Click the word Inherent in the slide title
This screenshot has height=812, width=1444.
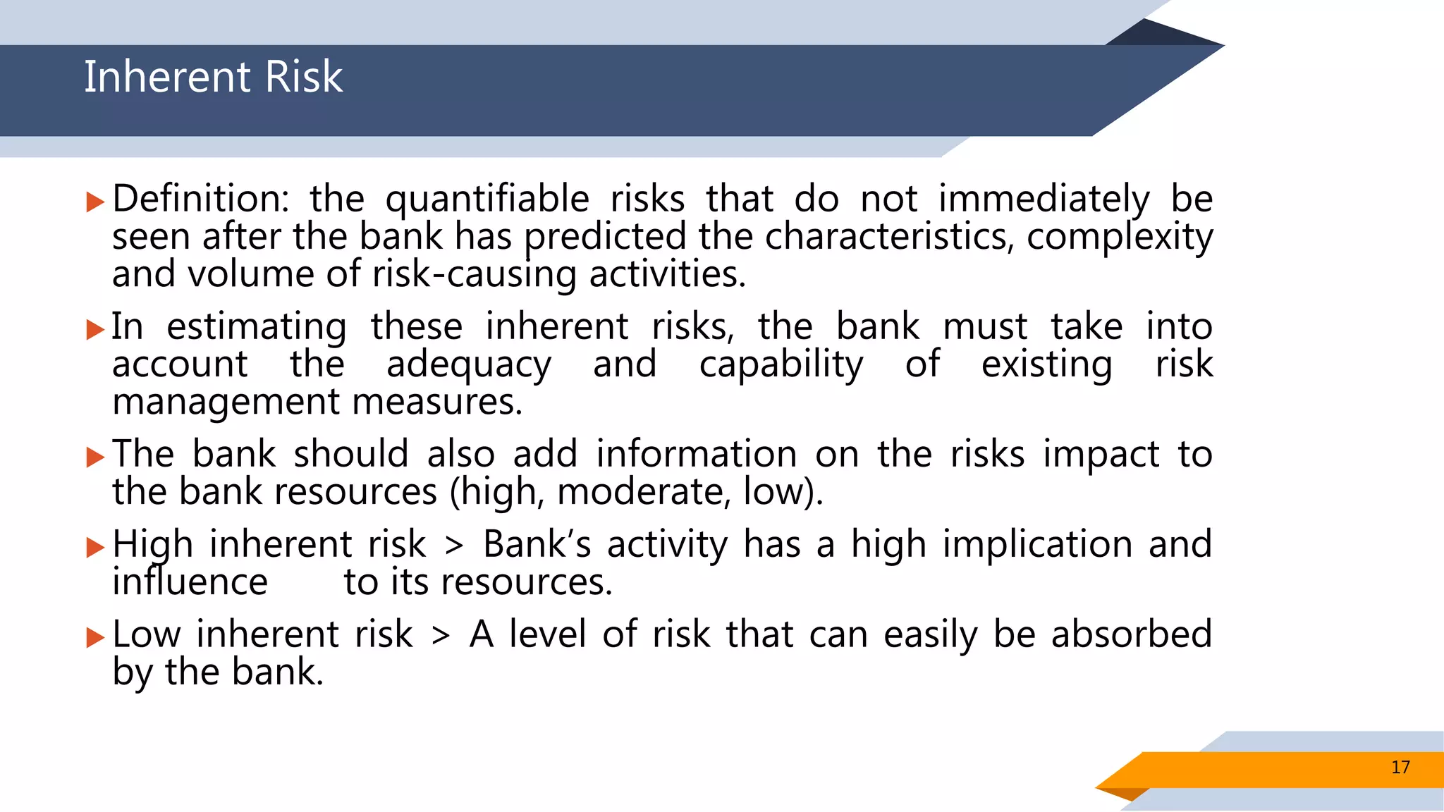pyautogui.click(x=166, y=77)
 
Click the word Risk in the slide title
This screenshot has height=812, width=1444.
pyautogui.click(x=304, y=77)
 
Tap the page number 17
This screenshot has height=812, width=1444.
pyautogui.click(x=1400, y=768)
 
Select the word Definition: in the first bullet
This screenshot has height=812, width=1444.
pyautogui.click(x=200, y=199)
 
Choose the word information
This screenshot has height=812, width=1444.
pyautogui.click(x=696, y=454)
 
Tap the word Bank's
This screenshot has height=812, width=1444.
pyautogui.click(x=537, y=545)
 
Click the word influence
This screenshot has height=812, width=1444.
pyautogui.click(x=190, y=582)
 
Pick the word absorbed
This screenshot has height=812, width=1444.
pyautogui.click(x=1131, y=634)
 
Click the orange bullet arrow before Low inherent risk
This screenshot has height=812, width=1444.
pyautogui.click(x=95, y=637)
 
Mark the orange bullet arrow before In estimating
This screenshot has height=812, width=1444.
pyautogui.click(x=95, y=329)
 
